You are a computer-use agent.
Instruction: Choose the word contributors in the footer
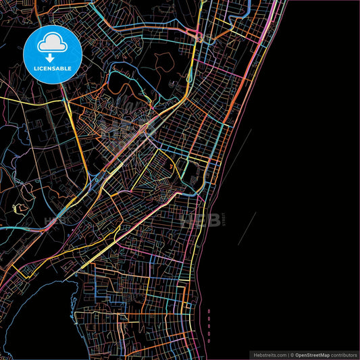(345, 355)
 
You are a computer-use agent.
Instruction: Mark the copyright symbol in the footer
(293, 355)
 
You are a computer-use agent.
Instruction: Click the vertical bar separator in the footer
(288, 355)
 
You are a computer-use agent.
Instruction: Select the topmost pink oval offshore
(209, 312)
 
